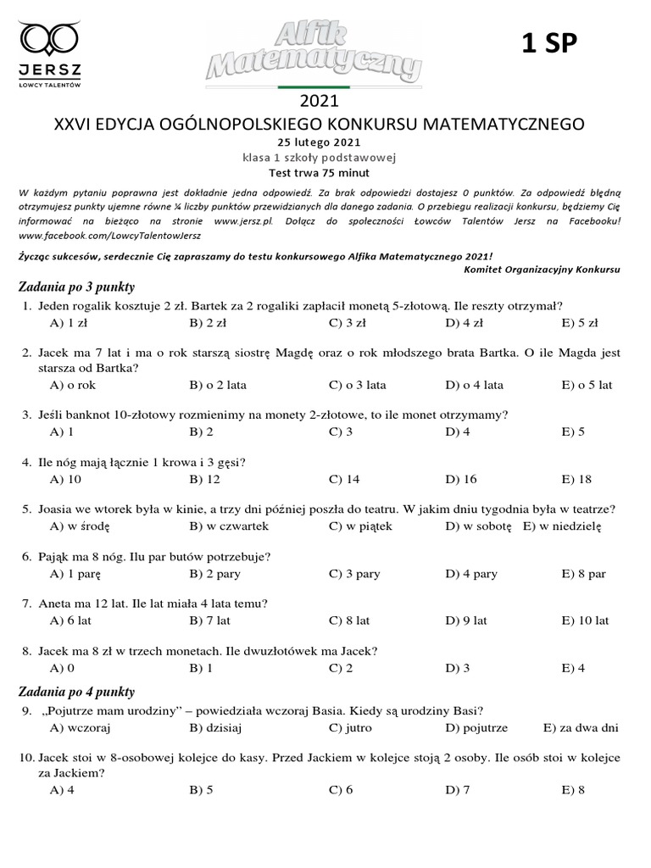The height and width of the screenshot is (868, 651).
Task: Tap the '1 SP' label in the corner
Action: (x=548, y=44)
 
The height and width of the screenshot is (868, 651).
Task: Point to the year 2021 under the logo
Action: (x=319, y=102)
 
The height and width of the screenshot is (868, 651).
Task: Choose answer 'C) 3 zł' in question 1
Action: (x=348, y=323)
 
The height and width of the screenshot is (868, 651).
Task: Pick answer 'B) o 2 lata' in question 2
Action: (x=218, y=385)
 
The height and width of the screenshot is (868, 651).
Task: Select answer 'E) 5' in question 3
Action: (x=573, y=432)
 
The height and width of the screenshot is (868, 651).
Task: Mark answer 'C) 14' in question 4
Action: (x=344, y=480)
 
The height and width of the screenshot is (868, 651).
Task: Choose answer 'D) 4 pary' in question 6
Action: (x=471, y=574)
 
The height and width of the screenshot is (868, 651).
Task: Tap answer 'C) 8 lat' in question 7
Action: (x=349, y=620)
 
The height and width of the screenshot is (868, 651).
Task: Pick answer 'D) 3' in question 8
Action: (x=458, y=668)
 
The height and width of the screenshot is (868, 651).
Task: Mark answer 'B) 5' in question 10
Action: (x=202, y=791)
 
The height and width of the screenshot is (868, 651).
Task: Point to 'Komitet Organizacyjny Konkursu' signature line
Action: (x=542, y=270)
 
